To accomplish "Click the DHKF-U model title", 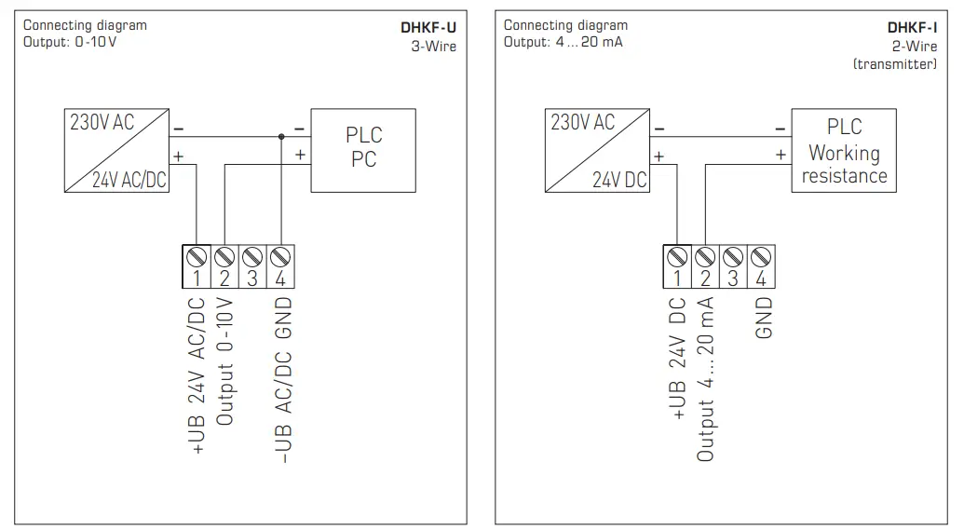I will point(428,28).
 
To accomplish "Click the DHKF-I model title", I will point(912,28).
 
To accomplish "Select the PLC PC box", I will point(363,148).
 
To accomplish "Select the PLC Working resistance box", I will point(844,151).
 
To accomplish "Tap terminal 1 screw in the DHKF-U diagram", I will point(197,256).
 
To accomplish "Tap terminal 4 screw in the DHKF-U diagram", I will point(280,256).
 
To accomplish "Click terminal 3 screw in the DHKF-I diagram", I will point(733,256).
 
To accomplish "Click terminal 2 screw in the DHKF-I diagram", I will point(705,256).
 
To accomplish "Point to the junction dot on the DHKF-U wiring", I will point(280,136).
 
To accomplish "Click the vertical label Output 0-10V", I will point(224,363).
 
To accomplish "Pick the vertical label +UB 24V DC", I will point(678,359).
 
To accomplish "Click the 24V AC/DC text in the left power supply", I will point(129,181).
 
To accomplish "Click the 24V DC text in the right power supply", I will point(619,180).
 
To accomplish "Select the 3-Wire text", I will point(434,46).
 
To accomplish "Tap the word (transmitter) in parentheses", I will point(895,63).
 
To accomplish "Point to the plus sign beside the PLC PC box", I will point(300,156).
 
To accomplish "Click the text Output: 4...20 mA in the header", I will point(563,42).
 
